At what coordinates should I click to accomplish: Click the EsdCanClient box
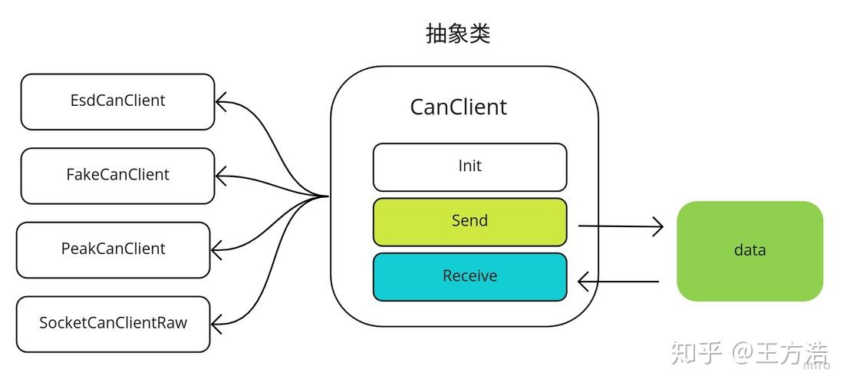coord(117,101)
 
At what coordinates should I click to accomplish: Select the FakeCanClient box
coord(117,176)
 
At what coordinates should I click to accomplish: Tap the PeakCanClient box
coord(114,250)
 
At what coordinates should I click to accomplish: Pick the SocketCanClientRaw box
coord(114,324)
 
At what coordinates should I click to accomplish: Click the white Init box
coord(470,167)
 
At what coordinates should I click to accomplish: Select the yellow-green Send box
coord(470,222)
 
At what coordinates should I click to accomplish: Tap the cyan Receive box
coord(470,277)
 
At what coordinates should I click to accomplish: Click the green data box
coord(750,251)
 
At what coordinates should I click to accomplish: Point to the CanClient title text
coord(459,107)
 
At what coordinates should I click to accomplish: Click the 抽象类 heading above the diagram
coord(458,34)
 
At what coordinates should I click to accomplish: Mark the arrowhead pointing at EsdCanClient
coord(221,101)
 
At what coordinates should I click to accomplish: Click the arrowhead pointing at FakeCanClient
coord(221,176)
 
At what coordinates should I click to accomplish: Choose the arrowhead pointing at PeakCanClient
coord(216,250)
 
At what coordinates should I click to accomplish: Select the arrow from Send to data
coord(621,226)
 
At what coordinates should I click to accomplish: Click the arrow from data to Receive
coord(618,282)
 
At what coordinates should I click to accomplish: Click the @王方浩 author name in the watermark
coord(781,354)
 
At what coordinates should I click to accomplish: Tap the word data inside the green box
coord(750,250)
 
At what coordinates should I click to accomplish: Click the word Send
coord(470,221)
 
